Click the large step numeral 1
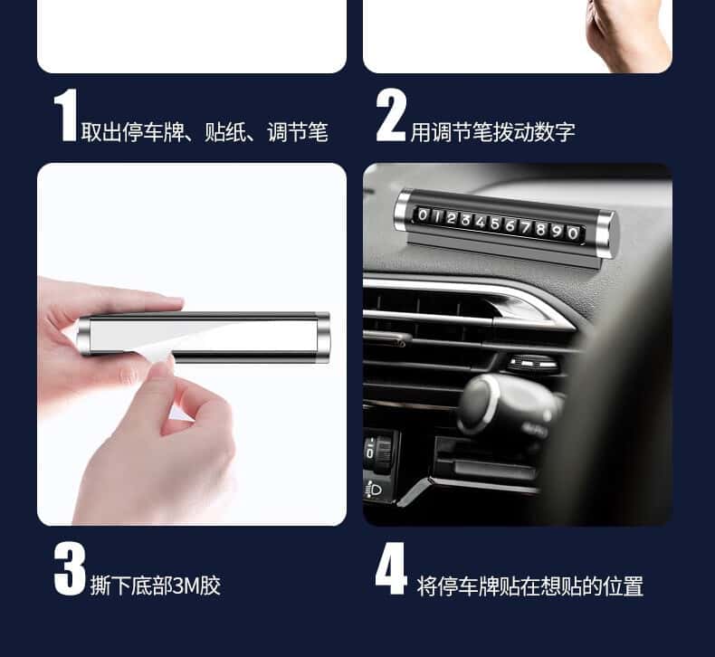coord(65,115)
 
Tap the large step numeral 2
coord(391,115)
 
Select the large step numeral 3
coord(70,569)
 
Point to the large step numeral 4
coord(391,569)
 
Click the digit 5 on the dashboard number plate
coord(495,224)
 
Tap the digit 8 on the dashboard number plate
coord(541,229)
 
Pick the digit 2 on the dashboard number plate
coord(452,218)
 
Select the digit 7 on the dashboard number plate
coord(526,227)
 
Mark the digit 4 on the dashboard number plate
coord(481,222)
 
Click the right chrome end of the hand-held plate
coord(322,338)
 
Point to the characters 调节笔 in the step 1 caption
coord(298,132)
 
